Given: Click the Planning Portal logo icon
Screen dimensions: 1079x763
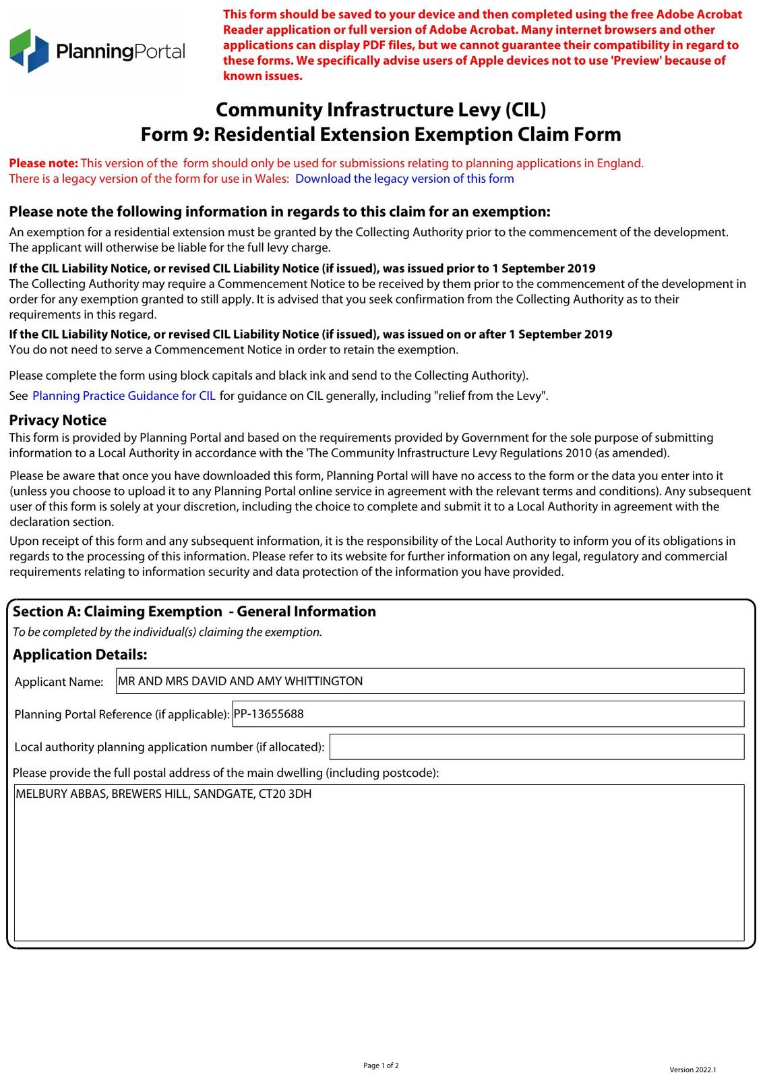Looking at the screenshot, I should pos(29,51).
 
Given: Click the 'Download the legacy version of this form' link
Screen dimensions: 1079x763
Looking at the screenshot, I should pos(404,179).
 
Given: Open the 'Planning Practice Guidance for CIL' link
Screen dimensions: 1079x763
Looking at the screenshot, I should pos(124,396).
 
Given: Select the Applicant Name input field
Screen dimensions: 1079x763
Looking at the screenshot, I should pos(430,681).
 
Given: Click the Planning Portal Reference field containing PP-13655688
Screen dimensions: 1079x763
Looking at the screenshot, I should pos(488,713).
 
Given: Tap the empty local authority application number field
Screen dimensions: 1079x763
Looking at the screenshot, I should pos(537,747).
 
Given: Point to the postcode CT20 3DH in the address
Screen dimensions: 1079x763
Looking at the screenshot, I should pos(291,794).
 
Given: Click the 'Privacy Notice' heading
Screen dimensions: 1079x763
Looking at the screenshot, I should pos(58,420).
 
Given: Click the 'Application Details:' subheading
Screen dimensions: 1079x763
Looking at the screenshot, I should pos(80,655).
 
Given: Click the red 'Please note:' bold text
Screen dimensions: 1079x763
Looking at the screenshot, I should pos(44,163).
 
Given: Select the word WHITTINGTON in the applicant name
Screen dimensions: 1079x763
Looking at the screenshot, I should pos(324,681).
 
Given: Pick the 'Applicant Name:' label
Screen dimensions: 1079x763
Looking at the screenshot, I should pos(59,682).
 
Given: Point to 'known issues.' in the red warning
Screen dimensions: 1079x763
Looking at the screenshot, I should pos(263,76).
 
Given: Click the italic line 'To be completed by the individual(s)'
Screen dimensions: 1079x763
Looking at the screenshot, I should pos(167,633).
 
